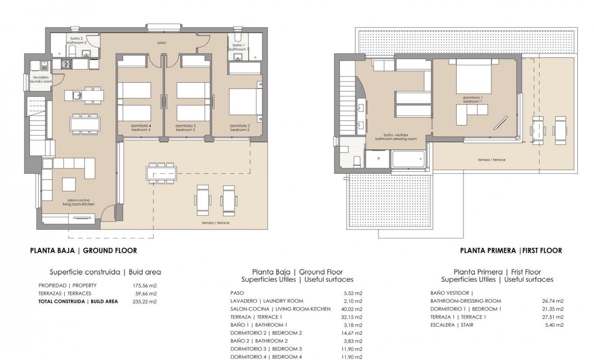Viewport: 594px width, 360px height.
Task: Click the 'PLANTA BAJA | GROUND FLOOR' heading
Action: click(83, 251)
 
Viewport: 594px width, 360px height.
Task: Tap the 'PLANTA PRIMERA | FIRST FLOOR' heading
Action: click(511, 251)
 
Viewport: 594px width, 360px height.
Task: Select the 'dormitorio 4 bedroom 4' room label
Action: click(141, 128)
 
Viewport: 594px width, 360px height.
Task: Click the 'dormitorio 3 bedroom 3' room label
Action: click(185, 128)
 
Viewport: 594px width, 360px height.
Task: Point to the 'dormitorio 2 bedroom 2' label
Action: click(239, 128)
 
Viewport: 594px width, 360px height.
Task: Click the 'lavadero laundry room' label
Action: click(40, 80)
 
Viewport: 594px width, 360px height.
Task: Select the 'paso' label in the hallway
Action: click(162, 43)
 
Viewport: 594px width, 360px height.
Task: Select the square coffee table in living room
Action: click(70, 184)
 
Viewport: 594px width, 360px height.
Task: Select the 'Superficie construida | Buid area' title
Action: click(105, 272)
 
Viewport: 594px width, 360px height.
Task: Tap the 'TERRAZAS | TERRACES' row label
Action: click(65, 293)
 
